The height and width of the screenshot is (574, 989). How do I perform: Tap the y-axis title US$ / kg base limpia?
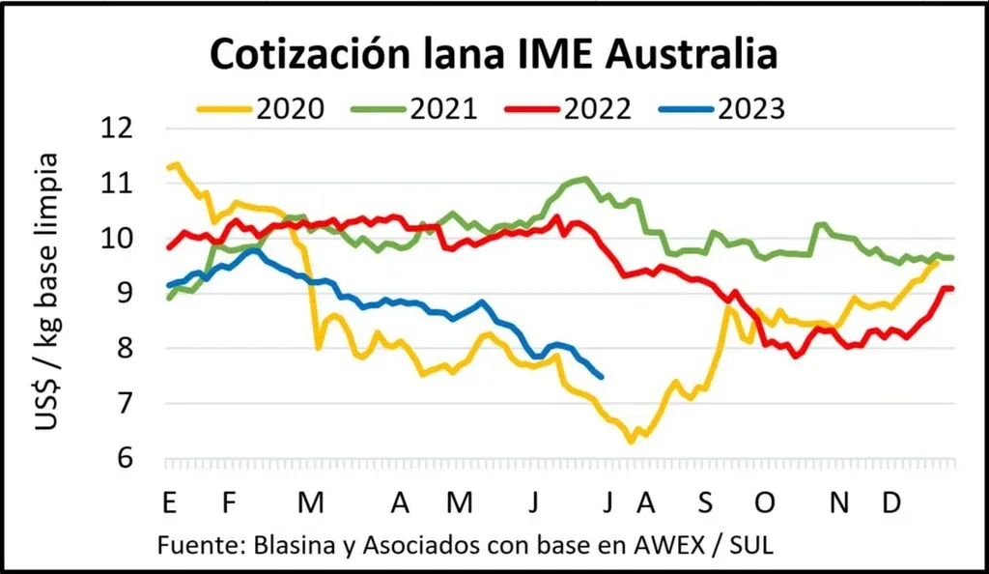[47, 292]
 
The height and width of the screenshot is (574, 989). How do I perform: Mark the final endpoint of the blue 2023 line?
[602, 377]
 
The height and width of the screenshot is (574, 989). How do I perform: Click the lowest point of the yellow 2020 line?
[631, 442]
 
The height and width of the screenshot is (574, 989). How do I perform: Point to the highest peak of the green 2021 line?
[583, 178]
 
